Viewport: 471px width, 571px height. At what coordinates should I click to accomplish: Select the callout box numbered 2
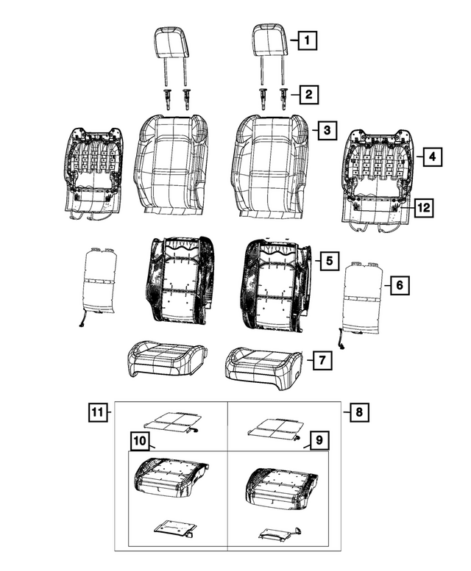308,94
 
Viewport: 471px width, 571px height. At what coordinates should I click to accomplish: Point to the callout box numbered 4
432,156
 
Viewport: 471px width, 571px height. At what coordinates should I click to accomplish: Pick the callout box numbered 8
359,412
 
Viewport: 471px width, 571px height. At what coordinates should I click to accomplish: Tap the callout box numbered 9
318,441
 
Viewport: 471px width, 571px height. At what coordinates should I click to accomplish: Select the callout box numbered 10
140,441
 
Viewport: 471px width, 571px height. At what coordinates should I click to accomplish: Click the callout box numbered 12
422,209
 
